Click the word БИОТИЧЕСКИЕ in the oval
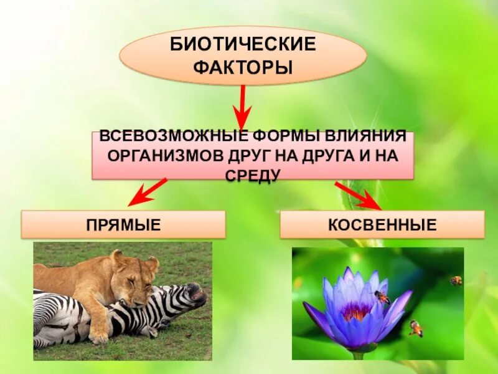[243, 45]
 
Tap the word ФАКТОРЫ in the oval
[243, 66]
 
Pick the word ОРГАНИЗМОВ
[164, 155]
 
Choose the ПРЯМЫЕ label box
[123, 224]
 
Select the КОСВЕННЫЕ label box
[382, 224]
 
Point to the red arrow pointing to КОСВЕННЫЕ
[359, 194]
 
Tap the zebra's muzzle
[198, 296]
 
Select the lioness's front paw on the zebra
[98, 335]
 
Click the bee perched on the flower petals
[382, 297]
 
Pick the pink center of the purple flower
[357, 310]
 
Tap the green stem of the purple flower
[357, 355]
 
